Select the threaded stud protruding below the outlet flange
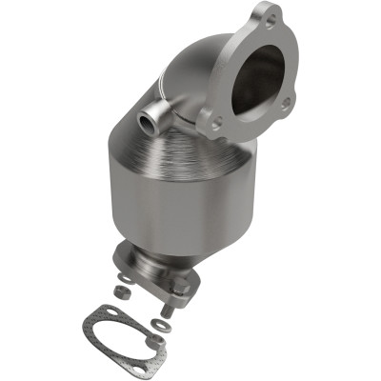169,307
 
